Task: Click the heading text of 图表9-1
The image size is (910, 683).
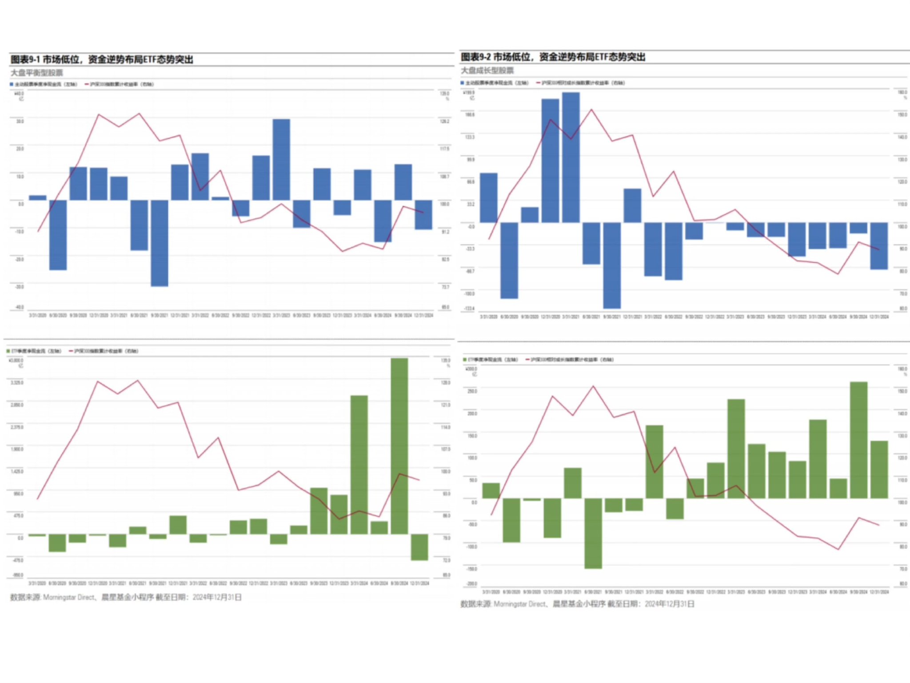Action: tap(102, 60)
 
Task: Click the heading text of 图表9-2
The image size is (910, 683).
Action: tap(553, 57)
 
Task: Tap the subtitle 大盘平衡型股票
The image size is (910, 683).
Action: tap(37, 73)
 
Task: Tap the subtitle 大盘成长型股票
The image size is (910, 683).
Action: tap(487, 71)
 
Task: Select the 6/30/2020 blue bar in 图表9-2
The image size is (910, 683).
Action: tap(509, 260)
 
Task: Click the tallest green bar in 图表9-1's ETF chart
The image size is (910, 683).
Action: tap(399, 446)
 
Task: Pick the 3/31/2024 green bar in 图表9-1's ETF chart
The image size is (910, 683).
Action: tap(359, 464)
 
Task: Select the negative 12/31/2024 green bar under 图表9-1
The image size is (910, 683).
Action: tap(419, 547)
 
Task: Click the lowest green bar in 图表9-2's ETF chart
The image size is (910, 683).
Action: tap(593, 533)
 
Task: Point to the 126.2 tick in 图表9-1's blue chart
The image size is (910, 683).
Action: tap(444, 121)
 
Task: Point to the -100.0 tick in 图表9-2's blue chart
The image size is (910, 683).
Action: tap(469, 293)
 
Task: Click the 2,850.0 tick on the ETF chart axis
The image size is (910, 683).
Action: tap(17, 405)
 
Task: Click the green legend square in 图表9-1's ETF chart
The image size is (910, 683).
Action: tap(8, 351)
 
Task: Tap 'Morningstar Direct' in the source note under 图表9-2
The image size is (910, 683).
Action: tap(519, 604)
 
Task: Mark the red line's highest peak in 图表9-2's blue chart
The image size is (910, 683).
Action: tap(591, 109)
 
